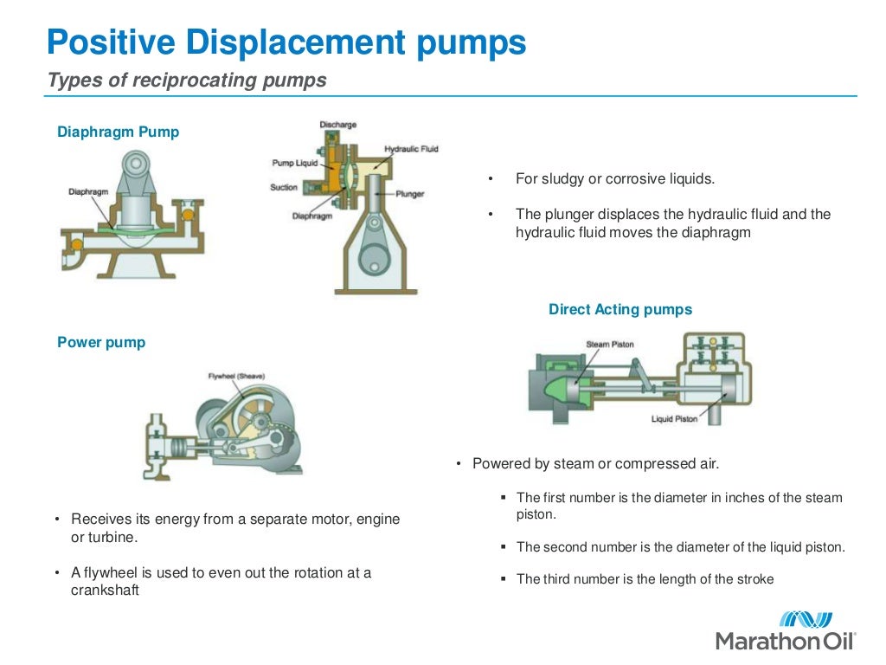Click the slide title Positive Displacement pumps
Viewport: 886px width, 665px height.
coord(286,42)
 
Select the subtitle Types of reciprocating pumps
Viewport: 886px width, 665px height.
coord(187,81)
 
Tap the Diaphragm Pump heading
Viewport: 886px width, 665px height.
coord(118,132)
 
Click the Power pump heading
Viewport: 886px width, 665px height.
coord(101,342)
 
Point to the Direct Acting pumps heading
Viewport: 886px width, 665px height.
coord(620,309)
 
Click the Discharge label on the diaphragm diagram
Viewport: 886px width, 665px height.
coord(337,125)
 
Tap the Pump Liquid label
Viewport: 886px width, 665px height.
coord(295,163)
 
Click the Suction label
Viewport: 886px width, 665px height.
coord(284,187)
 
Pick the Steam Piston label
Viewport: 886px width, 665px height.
coord(610,344)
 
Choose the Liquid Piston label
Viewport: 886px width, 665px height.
coord(674,419)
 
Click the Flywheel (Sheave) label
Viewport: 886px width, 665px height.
coord(236,376)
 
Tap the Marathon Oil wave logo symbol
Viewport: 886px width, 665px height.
coord(806,619)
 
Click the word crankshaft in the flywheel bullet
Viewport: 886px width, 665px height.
coord(105,591)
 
